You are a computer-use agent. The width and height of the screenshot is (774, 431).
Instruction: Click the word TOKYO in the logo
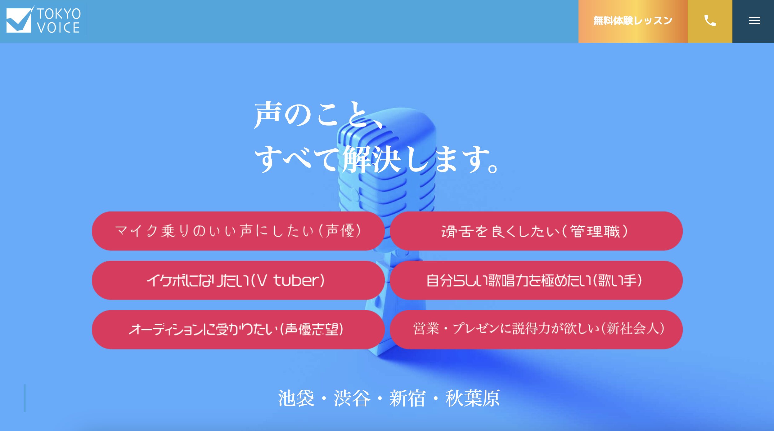tap(59, 14)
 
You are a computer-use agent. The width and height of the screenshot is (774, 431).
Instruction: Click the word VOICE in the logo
tap(58, 28)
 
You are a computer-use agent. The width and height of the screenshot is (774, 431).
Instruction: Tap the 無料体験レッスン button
tap(633, 21)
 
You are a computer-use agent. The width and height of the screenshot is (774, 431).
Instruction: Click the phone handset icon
tap(710, 21)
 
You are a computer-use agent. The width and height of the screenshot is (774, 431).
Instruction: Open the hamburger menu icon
tap(754, 21)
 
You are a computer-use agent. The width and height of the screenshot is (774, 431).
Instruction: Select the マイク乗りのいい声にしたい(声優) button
tap(238, 231)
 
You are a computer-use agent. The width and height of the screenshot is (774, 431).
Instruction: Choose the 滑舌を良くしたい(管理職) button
tap(536, 231)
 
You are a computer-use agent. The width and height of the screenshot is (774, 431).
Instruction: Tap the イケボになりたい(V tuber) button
tap(238, 280)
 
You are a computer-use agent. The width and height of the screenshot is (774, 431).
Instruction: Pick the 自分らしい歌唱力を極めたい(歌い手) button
tap(536, 280)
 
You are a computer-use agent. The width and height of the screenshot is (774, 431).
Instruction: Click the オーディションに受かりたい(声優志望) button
tap(238, 330)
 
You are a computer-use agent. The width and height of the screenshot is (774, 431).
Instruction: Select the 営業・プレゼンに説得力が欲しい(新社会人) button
tap(536, 330)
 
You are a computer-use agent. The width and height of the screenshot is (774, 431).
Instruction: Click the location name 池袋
tap(296, 398)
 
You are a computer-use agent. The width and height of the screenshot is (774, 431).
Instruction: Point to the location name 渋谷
tap(352, 398)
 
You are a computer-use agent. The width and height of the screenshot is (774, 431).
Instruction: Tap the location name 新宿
tap(407, 398)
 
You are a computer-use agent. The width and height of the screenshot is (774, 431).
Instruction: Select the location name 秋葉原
tap(472, 398)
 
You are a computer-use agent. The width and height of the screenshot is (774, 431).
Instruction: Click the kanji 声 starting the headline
tap(268, 115)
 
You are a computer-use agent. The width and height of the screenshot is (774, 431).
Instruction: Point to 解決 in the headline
tap(371, 159)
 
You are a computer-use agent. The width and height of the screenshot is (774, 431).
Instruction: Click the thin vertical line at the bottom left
tap(25, 398)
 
